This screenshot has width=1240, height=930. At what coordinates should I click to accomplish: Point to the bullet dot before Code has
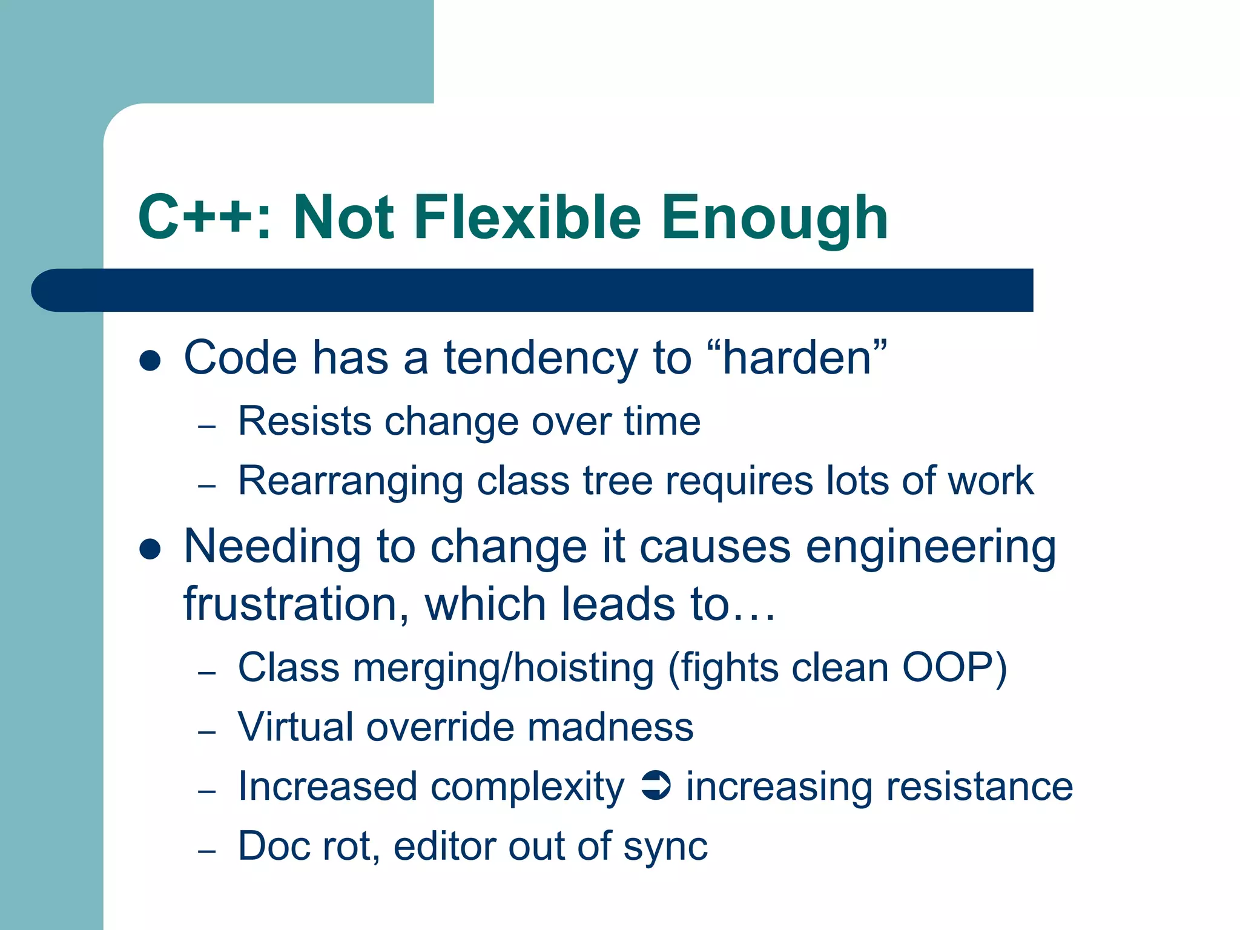click(x=150, y=361)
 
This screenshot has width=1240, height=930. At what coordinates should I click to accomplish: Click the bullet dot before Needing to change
click(x=150, y=549)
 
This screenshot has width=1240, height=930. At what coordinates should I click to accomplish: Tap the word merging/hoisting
click(x=503, y=669)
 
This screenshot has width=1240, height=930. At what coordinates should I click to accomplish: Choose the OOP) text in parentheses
click(x=955, y=668)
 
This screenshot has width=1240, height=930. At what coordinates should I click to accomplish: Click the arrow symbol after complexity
click(x=655, y=786)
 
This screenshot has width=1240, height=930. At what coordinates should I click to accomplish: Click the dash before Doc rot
click(x=207, y=851)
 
